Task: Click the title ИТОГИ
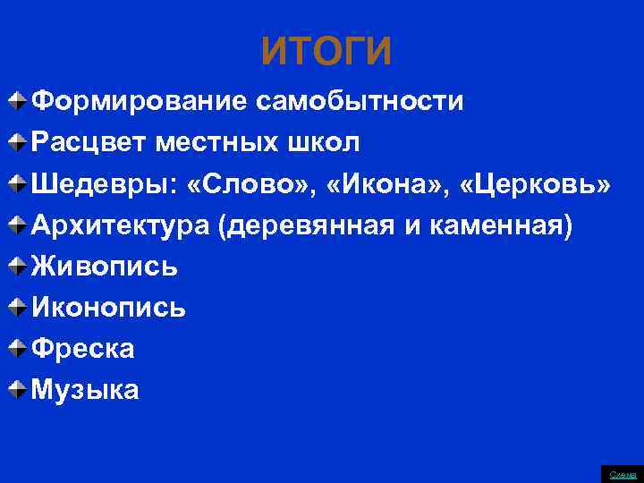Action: [326, 53]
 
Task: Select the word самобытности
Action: [360, 101]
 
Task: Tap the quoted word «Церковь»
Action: [536, 183]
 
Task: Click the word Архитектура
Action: [120, 225]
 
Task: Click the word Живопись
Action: [105, 266]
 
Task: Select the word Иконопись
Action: [109, 307]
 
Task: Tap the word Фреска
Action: [83, 348]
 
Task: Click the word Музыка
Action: [86, 389]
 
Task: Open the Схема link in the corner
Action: [623, 474]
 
